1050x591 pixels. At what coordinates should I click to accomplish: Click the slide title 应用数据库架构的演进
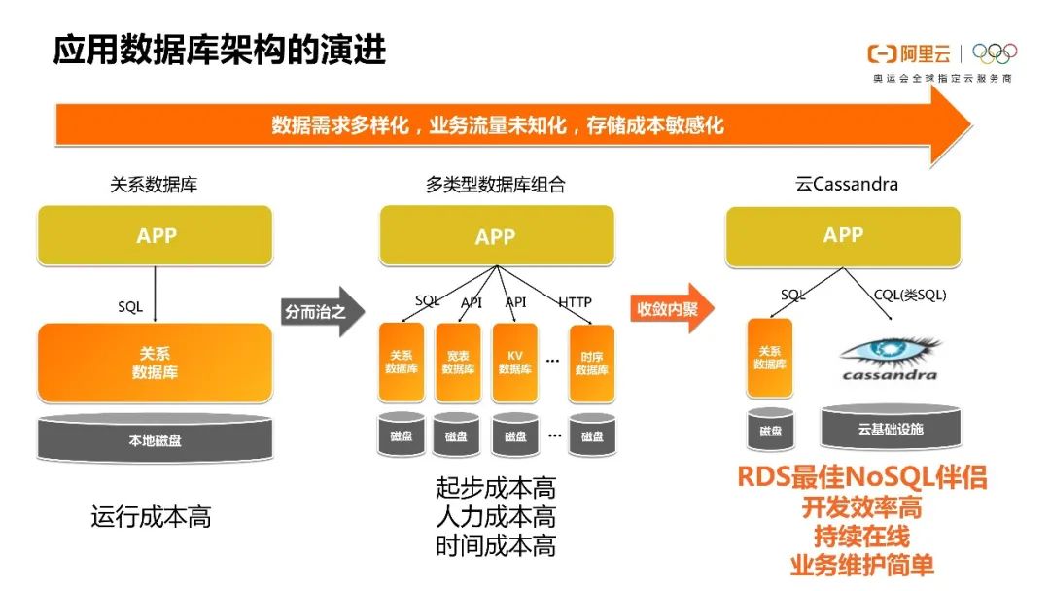click(220, 50)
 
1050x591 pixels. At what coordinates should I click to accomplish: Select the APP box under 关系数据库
click(156, 236)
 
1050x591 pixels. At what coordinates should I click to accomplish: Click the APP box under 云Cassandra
click(843, 235)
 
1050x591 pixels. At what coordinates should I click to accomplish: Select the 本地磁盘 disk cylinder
click(155, 439)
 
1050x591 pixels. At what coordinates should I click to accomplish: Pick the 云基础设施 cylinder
click(890, 429)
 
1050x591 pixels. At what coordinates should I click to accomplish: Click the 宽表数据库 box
click(458, 363)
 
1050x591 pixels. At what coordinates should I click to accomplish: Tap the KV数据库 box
click(514, 363)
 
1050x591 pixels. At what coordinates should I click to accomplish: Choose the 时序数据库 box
click(591, 363)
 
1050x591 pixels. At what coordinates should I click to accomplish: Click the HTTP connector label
click(575, 302)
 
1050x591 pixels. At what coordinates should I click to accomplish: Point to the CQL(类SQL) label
click(911, 295)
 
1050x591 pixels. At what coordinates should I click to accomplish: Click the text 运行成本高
click(151, 516)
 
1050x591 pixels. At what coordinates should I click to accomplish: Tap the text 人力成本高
click(496, 516)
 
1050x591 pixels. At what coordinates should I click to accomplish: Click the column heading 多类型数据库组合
click(495, 184)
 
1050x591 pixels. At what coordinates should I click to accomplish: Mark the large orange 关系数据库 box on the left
click(155, 363)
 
